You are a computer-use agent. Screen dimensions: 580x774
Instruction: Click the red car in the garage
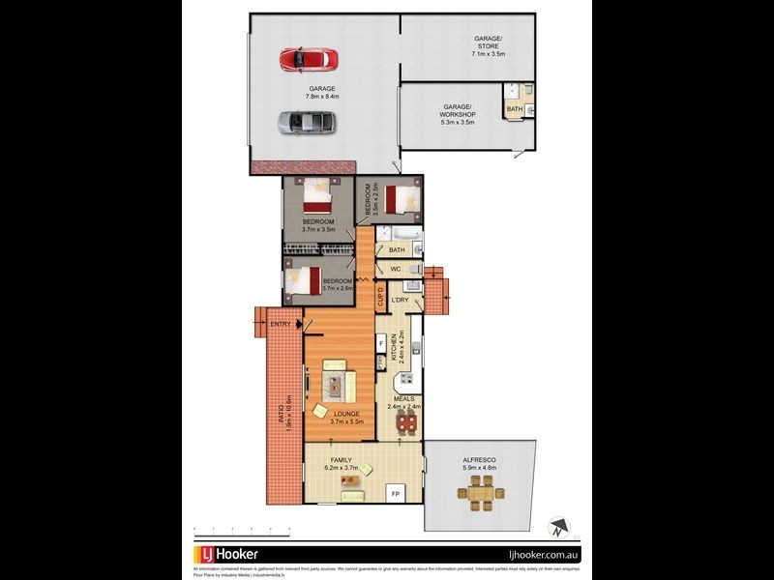[308, 60]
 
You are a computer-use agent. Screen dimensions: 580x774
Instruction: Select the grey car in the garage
[308, 123]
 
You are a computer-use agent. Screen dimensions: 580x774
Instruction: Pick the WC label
[396, 269]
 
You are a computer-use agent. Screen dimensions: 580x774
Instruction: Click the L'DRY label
[400, 300]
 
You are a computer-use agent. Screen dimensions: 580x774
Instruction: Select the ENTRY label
[281, 324]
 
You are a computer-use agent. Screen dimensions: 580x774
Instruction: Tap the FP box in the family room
[395, 493]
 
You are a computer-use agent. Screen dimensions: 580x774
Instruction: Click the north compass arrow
[557, 527]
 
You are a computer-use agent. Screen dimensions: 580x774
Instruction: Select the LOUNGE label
[346, 414]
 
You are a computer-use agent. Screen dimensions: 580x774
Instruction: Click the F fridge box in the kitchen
[382, 342]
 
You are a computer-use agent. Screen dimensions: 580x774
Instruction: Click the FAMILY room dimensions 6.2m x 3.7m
[340, 468]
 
